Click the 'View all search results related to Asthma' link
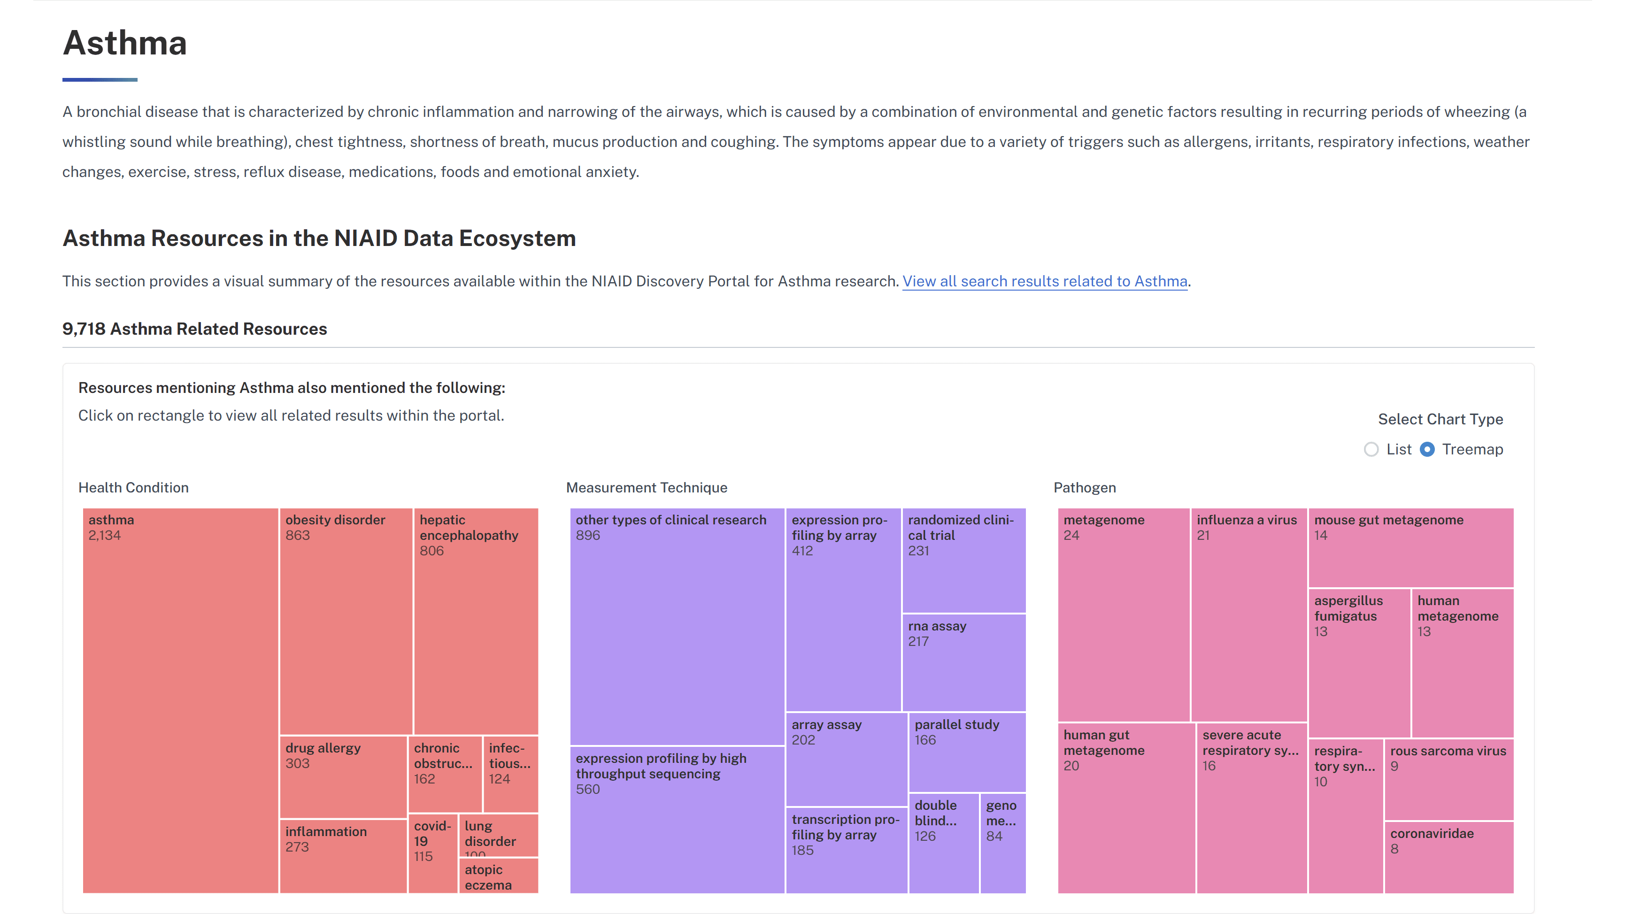pyautogui.click(x=1044, y=281)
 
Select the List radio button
pyautogui.click(x=1371, y=450)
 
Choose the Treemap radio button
pyautogui.click(x=1427, y=450)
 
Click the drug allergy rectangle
pyautogui.click(x=343, y=776)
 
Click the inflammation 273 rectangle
pyautogui.click(x=343, y=855)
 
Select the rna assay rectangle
pyautogui.click(x=963, y=662)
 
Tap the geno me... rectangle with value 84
pyautogui.click(x=1002, y=842)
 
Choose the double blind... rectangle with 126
pyautogui.click(x=943, y=842)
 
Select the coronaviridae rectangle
pyautogui.click(x=1448, y=857)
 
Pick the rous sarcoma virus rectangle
pyautogui.click(x=1448, y=779)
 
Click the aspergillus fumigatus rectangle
pyautogui.click(x=1359, y=662)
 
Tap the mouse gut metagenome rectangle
pyautogui.click(x=1410, y=547)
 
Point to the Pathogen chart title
pyautogui.click(x=1085, y=488)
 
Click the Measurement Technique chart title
pyautogui.click(x=646, y=488)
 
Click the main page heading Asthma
pyautogui.click(x=125, y=43)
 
